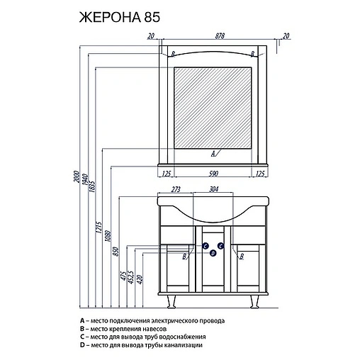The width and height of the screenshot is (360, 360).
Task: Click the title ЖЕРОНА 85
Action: click(x=120, y=17)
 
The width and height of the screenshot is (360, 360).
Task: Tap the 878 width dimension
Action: click(x=220, y=36)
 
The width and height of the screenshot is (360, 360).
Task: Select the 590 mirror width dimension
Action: click(x=213, y=174)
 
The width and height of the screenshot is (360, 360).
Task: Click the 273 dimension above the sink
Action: click(x=176, y=189)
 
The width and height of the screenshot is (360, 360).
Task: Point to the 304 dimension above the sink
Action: click(x=214, y=189)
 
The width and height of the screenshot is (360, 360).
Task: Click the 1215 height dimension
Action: click(x=99, y=227)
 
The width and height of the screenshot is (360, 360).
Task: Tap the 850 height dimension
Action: click(x=116, y=252)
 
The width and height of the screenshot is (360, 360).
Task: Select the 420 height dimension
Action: click(x=140, y=279)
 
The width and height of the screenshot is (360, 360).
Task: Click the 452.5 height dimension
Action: click(x=131, y=277)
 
